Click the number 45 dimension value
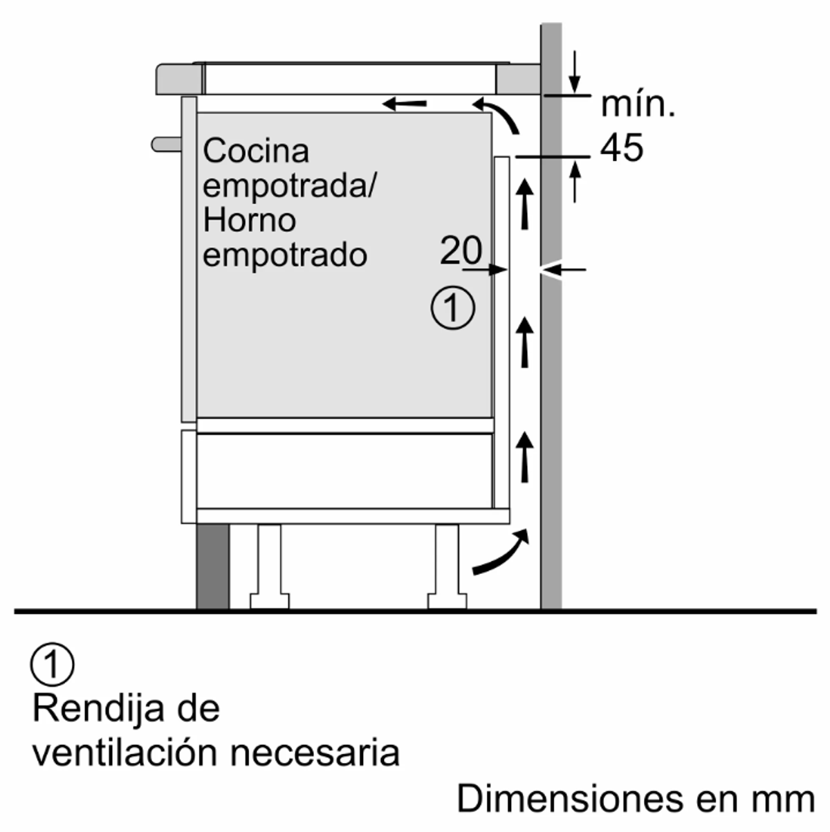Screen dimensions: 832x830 (x=621, y=147)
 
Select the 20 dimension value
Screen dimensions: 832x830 (x=461, y=250)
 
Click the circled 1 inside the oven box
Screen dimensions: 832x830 (x=453, y=308)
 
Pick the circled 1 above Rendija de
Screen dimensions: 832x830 (x=52, y=665)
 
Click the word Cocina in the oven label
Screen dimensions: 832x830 (x=256, y=151)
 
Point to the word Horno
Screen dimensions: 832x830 (x=249, y=221)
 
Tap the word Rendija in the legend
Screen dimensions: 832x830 (x=98, y=708)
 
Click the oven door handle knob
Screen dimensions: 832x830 (x=166, y=143)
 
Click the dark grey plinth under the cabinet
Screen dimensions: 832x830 (x=212, y=566)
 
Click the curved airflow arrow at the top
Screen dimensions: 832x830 (x=497, y=113)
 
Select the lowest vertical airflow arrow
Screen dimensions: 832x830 (x=526, y=456)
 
